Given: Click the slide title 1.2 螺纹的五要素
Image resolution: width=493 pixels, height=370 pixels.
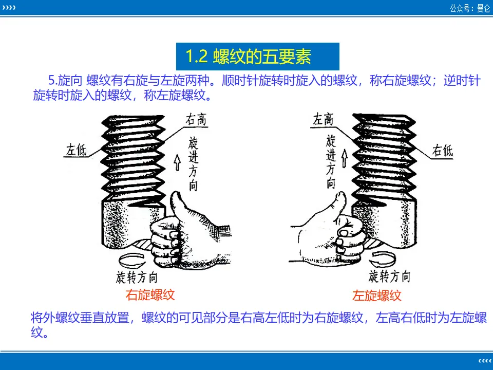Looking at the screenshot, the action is click(x=249, y=57).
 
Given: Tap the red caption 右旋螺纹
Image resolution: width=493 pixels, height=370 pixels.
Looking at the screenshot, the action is click(x=150, y=295).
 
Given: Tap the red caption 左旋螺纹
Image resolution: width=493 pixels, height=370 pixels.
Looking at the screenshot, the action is click(x=376, y=295).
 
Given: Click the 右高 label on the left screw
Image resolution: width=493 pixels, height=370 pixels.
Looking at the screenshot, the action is click(x=196, y=120).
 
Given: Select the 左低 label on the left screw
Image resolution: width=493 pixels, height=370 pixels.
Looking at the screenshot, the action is click(x=77, y=150).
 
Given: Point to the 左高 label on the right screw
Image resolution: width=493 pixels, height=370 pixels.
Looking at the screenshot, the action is click(x=323, y=120).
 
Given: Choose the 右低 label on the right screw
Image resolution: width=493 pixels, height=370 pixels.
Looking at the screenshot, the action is click(x=442, y=151).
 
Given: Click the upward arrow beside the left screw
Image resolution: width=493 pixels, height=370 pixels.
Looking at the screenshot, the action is click(x=177, y=162).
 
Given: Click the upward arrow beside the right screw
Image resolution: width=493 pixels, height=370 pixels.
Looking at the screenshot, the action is click(x=345, y=158).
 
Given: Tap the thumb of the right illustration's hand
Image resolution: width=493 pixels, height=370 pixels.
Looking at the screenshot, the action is click(x=339, y=205).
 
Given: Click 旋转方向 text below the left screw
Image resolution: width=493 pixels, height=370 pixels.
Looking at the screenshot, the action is click(x=137, y=277).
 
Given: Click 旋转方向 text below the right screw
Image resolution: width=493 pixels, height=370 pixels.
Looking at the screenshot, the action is click(x=389, y=276).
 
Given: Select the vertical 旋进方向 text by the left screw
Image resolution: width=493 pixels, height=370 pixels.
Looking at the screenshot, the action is click(x=193, y=164).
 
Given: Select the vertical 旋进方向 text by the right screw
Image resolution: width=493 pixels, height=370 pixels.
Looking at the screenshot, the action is click(x=330, y=162).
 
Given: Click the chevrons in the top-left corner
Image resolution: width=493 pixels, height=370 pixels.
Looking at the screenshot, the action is click(x=9, y=7).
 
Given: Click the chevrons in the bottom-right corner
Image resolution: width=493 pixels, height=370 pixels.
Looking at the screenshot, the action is click(x=485, y=361).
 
